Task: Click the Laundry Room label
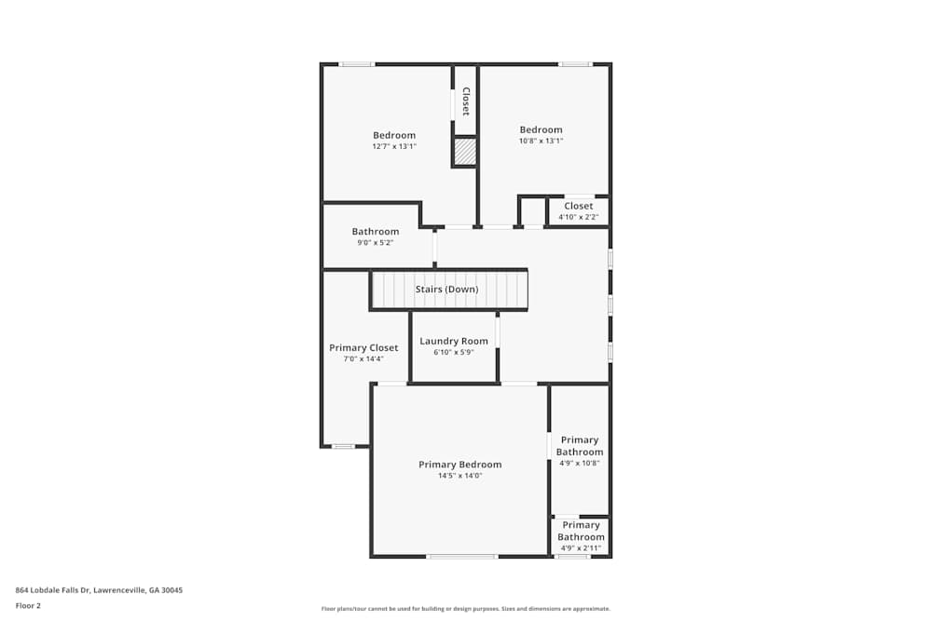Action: tap(454, 341)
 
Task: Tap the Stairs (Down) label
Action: tap(446, 290)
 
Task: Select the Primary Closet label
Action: tap(363, 347)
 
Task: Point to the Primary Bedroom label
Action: tap(459, 465)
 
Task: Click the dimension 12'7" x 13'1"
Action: tap(394, 146)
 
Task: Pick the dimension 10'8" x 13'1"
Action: tap(541, 141)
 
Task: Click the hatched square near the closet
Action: tap(465, 152)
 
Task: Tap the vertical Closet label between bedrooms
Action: tap(466, 101)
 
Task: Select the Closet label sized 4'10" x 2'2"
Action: tap(578, 206)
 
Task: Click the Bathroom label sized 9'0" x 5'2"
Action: tap(376, 232)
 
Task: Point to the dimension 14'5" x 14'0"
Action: tap(459, 476)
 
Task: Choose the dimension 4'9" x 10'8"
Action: tap(579, 463)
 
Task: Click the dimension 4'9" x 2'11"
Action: tap(581, 547)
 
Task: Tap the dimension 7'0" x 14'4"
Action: tap(363, 358)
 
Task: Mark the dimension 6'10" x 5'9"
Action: tap(454, 352)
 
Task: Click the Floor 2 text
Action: tap(28, 605)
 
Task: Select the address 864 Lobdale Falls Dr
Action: tap(99, 589)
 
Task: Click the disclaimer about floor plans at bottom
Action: tap(466, 609)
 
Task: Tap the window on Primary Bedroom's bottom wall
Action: tap(461, 557)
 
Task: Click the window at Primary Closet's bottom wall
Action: tap(343, 447)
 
